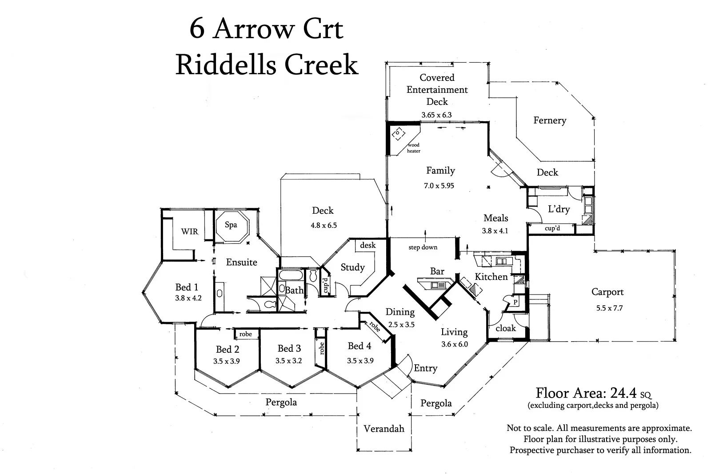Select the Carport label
point(607,292)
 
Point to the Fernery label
point(550,120)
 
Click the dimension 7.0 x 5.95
point(439,186)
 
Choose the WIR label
point(189,231)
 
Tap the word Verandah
point(384,429)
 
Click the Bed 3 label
point(289,348)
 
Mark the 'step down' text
point(423,247)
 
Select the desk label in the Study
point(367,245)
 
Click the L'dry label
point(559,209)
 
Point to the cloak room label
point(506,328)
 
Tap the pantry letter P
point(515,302)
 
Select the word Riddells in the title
point(227,65)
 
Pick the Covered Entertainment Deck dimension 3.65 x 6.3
point(436,115)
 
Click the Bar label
point(437,271)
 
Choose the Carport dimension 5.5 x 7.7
point(610,307)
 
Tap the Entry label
point(425,368)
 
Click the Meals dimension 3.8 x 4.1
point(495,231)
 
